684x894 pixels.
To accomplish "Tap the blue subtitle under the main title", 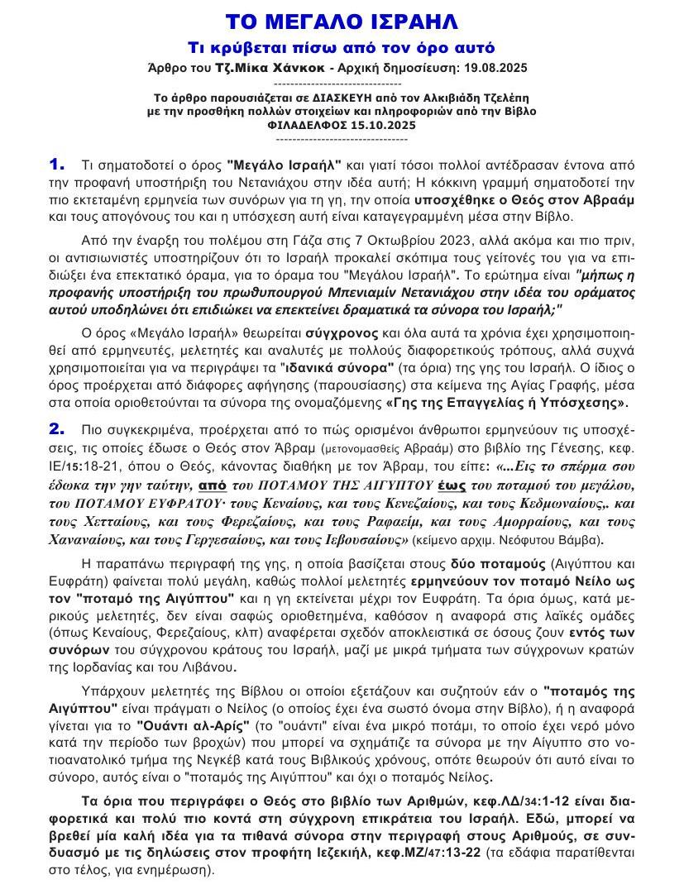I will click(x=342, y=48).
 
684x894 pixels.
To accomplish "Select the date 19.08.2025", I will click(x=493, y=68).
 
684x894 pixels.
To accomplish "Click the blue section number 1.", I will click(x=56, y=165).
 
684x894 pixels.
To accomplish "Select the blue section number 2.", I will click(x=56, y=428).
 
